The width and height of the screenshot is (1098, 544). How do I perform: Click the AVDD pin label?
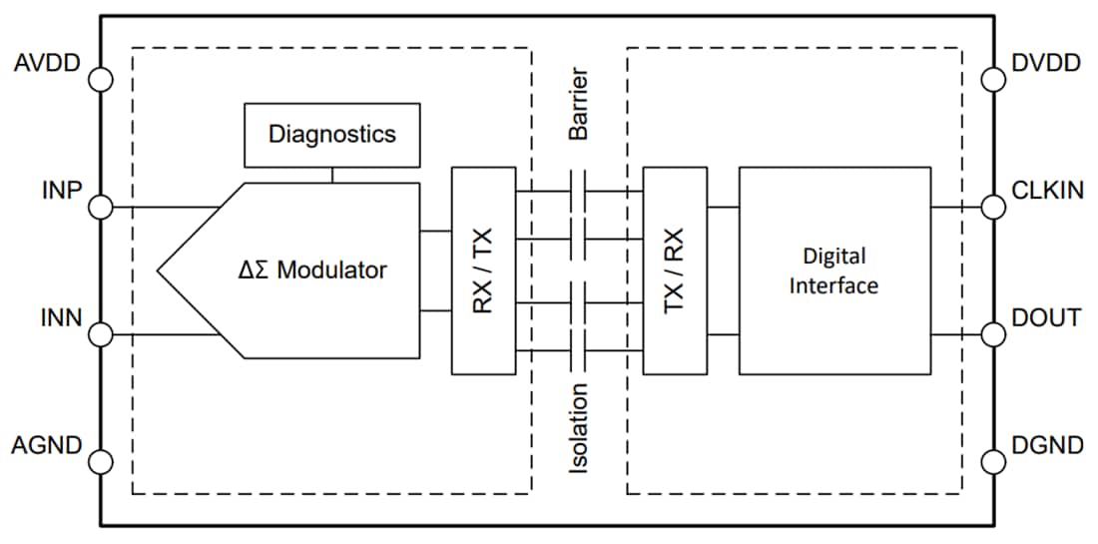pos(48,65)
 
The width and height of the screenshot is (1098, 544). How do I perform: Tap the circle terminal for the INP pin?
pos(101,208)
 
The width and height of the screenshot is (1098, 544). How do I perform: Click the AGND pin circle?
pos(101,461)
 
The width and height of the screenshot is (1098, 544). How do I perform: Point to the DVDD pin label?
pos(1045,64)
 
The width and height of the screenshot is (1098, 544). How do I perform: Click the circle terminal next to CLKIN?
pos(993,208)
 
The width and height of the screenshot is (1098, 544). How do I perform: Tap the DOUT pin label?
pos(1045,318)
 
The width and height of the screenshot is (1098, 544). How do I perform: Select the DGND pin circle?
pos(993,461)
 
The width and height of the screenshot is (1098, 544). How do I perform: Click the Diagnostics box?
pos(331,135)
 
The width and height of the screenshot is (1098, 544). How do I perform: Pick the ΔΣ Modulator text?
pos(313,270)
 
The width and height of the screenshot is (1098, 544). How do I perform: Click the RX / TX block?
pos(483,271)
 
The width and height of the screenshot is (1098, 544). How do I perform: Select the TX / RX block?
pos(675,271)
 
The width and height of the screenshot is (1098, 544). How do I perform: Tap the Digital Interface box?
pos(834,271)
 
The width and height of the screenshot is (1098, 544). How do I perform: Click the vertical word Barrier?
pos(578,105)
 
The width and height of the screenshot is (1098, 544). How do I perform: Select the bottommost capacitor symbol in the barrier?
pos(578,350)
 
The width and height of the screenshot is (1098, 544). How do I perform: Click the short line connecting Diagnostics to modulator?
pos(331,175)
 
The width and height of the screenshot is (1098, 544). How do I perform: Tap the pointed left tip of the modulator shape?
pos(159,270)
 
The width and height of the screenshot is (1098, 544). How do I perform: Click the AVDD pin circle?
pos(101,79)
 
